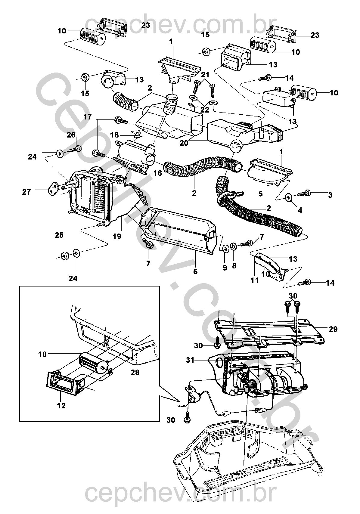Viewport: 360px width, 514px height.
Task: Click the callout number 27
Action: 26,192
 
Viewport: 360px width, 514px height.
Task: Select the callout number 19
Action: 117,237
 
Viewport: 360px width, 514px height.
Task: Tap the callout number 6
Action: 195,271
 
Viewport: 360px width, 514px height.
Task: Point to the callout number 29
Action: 333,329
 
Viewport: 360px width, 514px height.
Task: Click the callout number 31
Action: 190,360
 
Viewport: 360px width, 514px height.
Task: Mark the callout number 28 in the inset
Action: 135,373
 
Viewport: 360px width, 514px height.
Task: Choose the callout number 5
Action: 260,193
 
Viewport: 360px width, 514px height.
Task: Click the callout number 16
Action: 158,173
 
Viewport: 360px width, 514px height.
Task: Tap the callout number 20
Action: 184,143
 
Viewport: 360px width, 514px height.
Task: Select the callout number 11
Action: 255,280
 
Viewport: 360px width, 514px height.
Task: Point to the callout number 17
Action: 87,116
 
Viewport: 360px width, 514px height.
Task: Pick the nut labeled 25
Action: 64,256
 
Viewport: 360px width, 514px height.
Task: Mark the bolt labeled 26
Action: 76,148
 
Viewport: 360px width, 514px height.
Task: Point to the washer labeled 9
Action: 225,249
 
